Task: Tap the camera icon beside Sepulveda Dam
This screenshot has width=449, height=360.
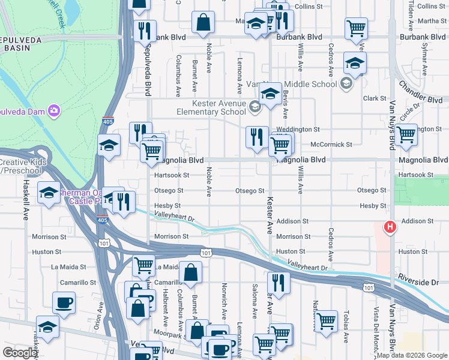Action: tap(54, 110)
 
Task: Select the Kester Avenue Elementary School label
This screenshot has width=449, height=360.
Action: tap(211, 107)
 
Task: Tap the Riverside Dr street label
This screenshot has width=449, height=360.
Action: tap(423, 281)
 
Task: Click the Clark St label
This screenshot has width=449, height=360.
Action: tap(373, 98)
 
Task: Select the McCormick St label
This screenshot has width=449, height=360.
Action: tap(331, 144)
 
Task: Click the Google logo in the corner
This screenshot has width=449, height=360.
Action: tap(20, 353)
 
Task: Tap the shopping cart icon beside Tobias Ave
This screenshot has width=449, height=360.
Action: tap(326, 320)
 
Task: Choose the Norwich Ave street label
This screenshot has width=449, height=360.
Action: tap(223, 302)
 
